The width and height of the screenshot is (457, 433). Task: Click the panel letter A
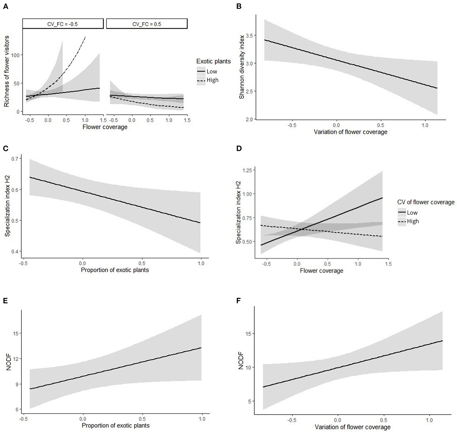5,7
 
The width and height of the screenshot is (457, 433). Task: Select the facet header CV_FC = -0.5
63,24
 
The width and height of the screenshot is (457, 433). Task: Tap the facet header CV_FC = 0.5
147,24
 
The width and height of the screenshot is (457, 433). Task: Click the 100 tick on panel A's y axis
16,55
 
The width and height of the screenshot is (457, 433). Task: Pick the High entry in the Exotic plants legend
212,80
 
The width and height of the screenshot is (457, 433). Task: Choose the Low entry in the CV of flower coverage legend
412,213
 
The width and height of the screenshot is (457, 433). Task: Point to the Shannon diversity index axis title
242,67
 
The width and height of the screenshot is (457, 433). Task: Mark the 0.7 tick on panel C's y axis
16,159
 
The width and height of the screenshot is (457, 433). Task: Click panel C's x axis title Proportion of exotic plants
115,270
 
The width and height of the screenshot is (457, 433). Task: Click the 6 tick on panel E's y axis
18,410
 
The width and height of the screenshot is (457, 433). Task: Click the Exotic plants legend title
214,61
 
